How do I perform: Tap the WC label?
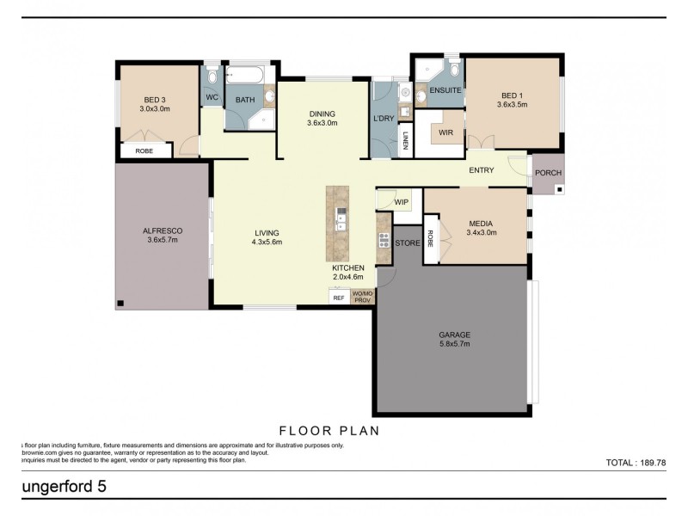211,98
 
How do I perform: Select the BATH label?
246,101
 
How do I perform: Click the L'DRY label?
383,118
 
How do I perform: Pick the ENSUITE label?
445,90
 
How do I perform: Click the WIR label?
445,133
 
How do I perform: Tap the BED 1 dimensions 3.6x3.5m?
512,105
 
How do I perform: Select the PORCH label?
548,173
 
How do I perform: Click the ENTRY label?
481,170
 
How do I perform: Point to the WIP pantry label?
401,202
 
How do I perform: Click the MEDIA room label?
482,222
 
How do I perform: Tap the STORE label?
408,243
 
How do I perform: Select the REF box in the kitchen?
339,298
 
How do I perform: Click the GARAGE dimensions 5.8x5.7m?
452,345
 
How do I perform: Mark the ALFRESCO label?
163,231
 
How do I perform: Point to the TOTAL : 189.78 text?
636,462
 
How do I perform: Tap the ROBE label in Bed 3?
144,150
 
